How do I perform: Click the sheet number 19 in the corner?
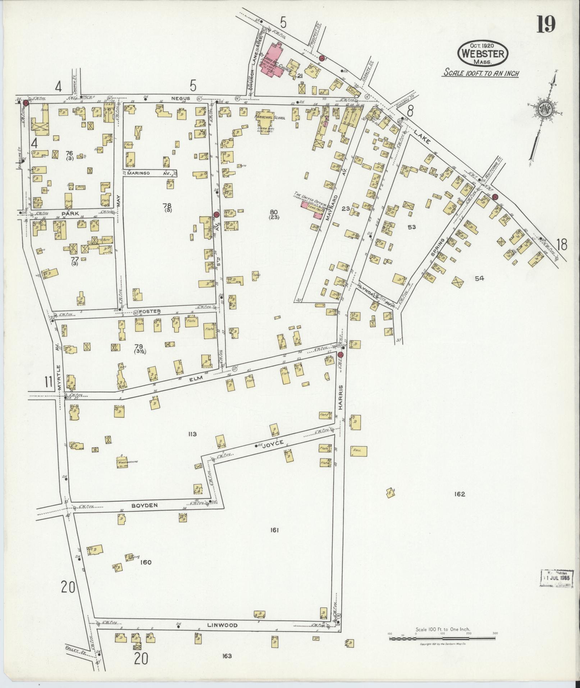[x=546, y=24]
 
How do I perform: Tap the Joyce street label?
[x=278, y=443]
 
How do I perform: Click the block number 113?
[x=192, y=434]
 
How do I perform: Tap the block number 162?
[x=460, y=494]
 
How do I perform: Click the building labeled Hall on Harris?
[x=359, y=451]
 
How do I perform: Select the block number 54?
[x=479, y=278]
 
